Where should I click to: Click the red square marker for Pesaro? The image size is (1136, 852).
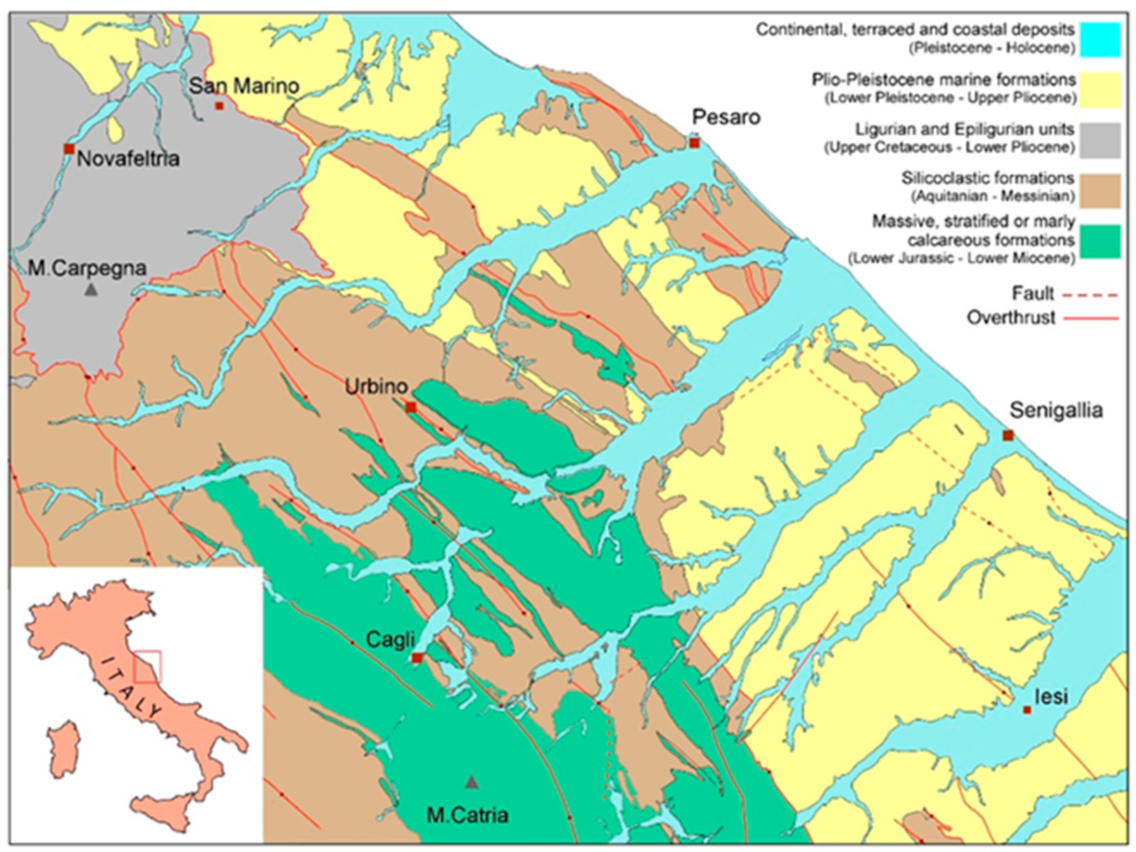pos(694,143)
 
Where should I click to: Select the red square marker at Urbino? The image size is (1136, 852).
pos(411,407)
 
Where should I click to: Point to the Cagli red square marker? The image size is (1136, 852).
pos(417,658)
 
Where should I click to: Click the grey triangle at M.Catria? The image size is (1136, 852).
pos(471,783)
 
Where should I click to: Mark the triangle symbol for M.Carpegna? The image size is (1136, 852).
pos(91,289)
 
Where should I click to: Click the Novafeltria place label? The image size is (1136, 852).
pos(128,159)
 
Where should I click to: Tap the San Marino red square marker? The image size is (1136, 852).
pos(219,106)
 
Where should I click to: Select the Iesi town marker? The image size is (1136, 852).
pos(1027,710)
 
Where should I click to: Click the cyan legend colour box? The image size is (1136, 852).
pos(1100,40)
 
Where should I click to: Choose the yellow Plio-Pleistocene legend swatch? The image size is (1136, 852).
pos(1100,90)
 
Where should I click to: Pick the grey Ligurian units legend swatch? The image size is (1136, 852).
pos(1100,141)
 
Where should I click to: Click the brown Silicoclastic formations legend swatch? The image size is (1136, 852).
pos(1100,191)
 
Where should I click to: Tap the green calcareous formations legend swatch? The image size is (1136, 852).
pos(1100,241)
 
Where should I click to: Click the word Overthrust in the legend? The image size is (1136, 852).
pos(1011,318)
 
